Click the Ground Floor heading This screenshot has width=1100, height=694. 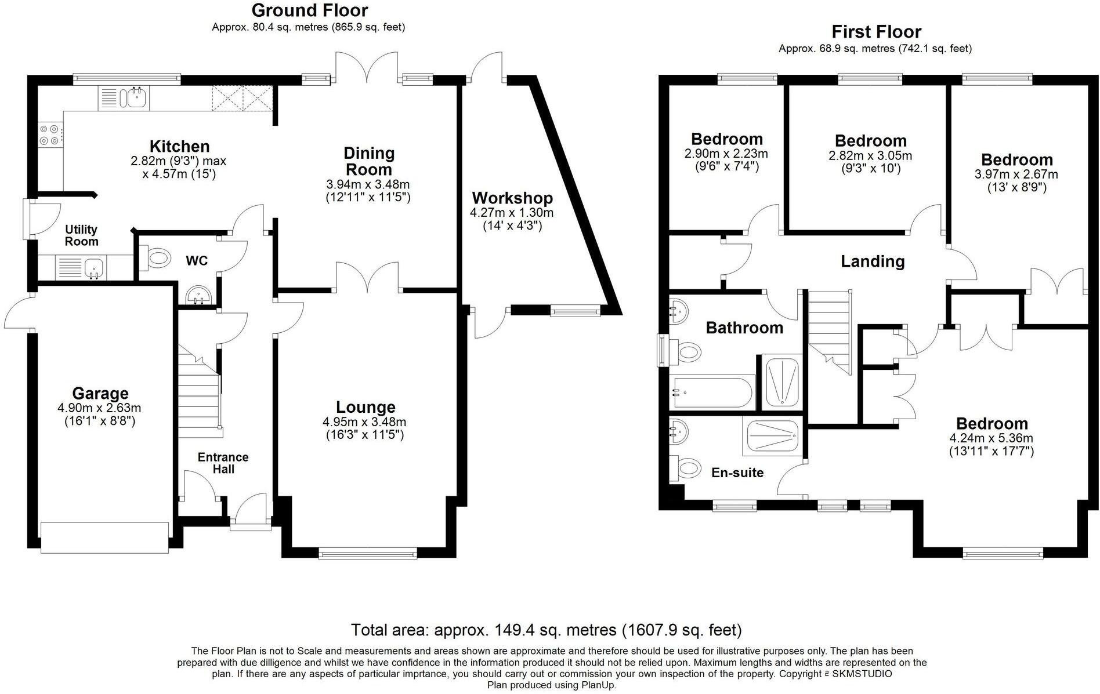[309, 10]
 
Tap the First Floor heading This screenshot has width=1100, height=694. [876, 31]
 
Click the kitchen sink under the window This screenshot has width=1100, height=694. [124, 97]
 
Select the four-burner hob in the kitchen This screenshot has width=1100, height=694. [48, 135]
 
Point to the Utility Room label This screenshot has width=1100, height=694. [81, 235]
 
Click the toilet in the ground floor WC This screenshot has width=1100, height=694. [155, 257]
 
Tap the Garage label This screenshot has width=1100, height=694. [100, 394]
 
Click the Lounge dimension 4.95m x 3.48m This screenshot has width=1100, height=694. [364, 422]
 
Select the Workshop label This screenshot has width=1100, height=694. [512, 198]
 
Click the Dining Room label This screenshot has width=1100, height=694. [369, 161]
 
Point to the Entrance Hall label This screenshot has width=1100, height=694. [223, 463]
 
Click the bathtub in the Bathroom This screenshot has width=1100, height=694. [712, 391]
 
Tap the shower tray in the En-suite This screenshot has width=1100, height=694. [772, 435]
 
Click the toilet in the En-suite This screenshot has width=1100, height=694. [683, 467]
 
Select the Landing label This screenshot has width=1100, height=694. [873, 261]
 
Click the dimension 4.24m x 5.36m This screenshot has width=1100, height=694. [992, 438]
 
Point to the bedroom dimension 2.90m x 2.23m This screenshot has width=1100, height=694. [726, 154]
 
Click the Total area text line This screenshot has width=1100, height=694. [546, 630]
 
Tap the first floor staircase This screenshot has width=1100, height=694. [830, 333]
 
